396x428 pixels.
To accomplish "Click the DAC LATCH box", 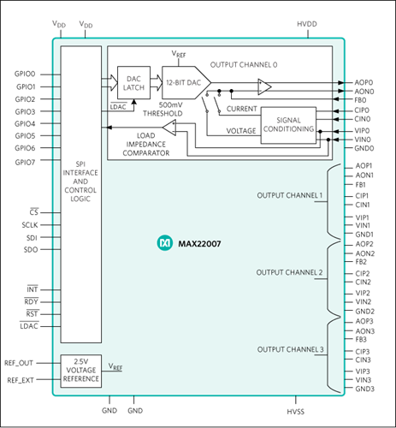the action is pyautogui.click(x=133, y=83).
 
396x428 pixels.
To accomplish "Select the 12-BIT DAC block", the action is pyautogui.click(x=186, y=83).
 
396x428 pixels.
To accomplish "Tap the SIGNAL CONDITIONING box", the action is pyautogui.click(x=288, y=125).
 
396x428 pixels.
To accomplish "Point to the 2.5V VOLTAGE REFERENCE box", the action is pyautogui.click(x=81, y=371).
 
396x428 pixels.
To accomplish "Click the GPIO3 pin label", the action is pyautogui.click(x=25, y=111).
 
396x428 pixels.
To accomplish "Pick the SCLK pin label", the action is pyautogui.click(x=30, y=225).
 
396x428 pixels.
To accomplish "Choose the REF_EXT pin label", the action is pyautogui.click(x=21, y=380).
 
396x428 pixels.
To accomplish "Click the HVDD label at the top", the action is pyautogui.click(x=307, y=24).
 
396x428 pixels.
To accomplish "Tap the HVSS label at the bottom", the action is pyautogui.click(x=296, y=412).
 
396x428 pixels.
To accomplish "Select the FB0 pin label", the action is pyautogui.click(x=360, y=100).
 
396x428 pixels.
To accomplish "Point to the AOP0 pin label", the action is pyautogui.click(x=363, y=82).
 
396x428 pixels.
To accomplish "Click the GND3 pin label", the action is pyautogui.click(x=364, y=389).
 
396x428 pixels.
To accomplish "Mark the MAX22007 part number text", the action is pyautogui.click(x=199, y=244).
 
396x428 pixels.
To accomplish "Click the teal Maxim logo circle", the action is pyautogui.click(x=165, y=243).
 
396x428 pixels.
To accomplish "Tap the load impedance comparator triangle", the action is pyautogui.click(x=169, y=128).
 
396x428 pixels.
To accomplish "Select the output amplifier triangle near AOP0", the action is pyautogui.click(x=264, y=86).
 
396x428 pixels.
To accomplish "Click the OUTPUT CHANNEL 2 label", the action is pyautogui.click(x=289, y=272).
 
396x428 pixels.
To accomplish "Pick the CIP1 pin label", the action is pyautogui.click(x=362, y=196).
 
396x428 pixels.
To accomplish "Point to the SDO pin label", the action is pyautogui.click(x=31, y=250).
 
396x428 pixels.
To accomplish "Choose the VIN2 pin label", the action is pyautogui.click(x=363, y=301).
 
